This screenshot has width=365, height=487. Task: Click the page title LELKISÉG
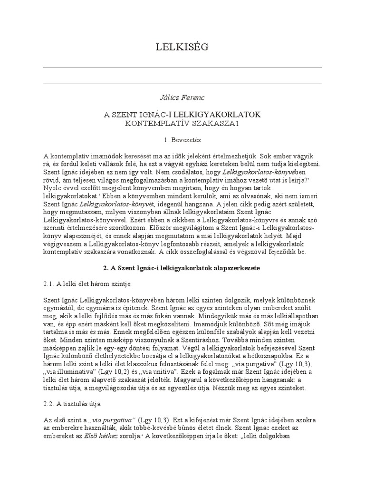tap(182, 47)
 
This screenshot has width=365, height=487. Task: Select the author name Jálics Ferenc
tap(182, 97)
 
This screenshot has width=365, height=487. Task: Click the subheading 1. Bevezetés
tap(182, 141)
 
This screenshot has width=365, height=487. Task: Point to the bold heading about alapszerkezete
tap(182, 268)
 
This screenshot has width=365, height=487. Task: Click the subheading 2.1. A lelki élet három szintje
tap(86, 284)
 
